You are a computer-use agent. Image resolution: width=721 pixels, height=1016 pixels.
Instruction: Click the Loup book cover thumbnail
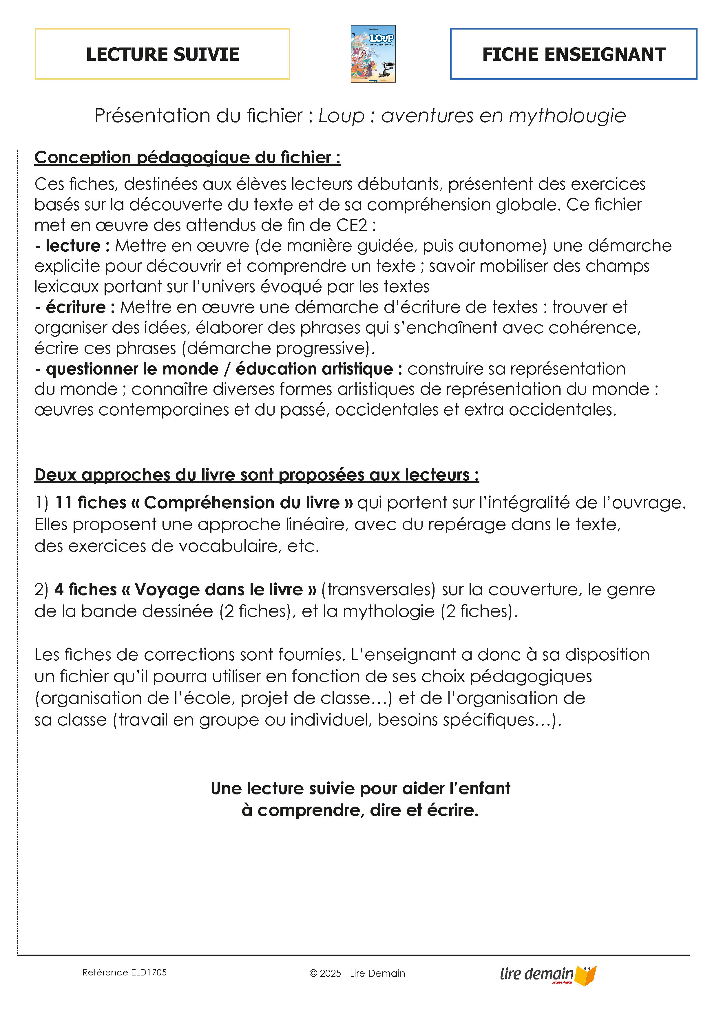click(373, 54)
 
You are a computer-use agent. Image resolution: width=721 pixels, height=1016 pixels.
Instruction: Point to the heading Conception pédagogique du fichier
click(187, 158)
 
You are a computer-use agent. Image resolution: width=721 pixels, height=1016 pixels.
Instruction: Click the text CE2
click(352, 225)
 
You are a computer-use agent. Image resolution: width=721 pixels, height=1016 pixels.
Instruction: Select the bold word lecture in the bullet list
click(73, 245)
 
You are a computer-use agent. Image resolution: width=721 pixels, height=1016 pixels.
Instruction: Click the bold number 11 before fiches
click(63, 503)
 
